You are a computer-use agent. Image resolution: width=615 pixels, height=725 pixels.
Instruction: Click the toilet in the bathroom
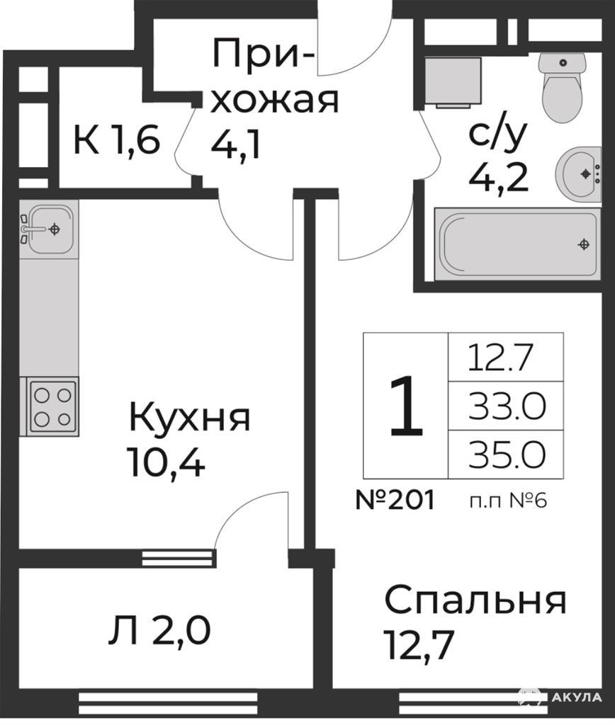pyautogui.click(x=563, y=87)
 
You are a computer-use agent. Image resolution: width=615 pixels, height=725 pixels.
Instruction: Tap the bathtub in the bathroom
pyautogui.click(x=517, y=244)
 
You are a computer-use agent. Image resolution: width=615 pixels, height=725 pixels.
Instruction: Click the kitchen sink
pyautogui.click(x=48, y=229)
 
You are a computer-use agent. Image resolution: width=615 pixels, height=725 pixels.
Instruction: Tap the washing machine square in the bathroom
pyautogui.click(x=453, y=81)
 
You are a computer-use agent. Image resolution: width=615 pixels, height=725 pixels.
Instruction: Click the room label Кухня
pyautogui.click(x=190, y=418)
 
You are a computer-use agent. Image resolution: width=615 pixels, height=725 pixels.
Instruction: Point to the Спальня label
pyautogui.click(x=475, y=601)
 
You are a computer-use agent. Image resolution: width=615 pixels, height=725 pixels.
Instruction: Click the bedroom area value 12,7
pyautogui.click(x=418, y=646)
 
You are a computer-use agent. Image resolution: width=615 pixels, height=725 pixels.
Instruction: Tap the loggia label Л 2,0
pyautogui.click(x=159, y=631)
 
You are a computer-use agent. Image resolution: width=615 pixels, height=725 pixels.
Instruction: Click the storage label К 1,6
pyautogui.click(x=117, y=139)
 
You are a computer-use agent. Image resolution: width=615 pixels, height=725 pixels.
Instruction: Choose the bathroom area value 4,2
pyautogui.click(x=499, y=177)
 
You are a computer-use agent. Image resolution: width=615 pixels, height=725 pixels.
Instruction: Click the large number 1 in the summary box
pyautogui.click(x=406, y=406)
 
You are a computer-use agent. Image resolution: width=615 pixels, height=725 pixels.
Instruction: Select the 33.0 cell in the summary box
pyautogui.click(x=507, y=406)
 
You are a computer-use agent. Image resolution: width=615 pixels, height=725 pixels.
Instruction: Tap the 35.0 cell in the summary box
pyautogui.click(x=507, y=454)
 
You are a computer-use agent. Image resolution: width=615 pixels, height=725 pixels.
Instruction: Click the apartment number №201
pyautogui.click(x=395, y=500)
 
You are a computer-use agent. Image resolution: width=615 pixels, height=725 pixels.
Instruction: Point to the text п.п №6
pyautogui.click(x=508, y=501)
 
